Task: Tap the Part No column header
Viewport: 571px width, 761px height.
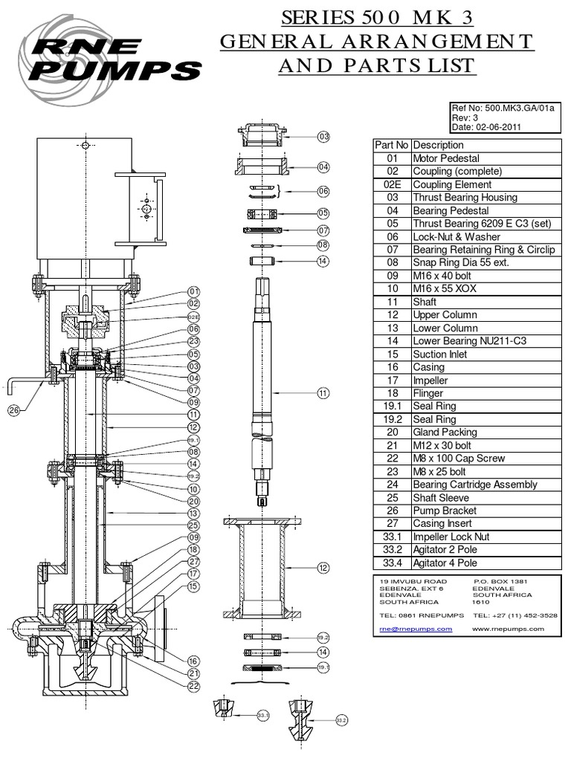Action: click(391, 145)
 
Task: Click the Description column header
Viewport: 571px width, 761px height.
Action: click(438, 145)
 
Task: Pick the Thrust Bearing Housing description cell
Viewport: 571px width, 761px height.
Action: click(465, 198)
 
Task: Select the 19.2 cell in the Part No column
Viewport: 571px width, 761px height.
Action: click(391, 419)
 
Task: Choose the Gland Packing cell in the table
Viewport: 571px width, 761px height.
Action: click(445, 432)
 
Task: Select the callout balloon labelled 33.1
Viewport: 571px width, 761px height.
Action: click(262, 715)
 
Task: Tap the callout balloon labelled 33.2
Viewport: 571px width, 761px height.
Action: click(342, 720)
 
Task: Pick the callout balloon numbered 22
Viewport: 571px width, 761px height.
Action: click(194, 686)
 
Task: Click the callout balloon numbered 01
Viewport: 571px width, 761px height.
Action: click(194, 291)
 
